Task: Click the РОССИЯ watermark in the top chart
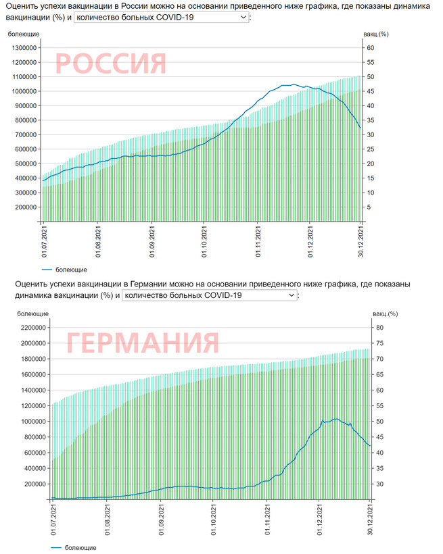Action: coord(110,63)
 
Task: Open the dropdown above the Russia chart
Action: coord(162,17)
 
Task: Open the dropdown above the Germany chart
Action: coord(209,295)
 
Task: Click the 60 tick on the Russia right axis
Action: coord(370,48)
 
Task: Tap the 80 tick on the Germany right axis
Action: coord(379,328)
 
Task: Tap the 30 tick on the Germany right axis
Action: coord(379,484)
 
